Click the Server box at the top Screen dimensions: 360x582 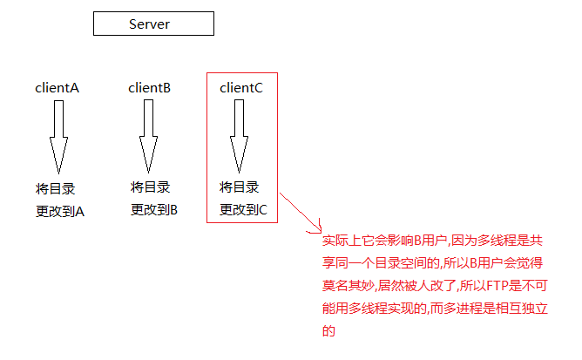click(153, 24)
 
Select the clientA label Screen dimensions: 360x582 click(57, 88)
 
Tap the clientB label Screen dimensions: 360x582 click(149, 88)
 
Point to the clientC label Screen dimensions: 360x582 click(241, 88)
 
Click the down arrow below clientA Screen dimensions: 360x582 click(58, 136)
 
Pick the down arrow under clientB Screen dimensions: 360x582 click(149, 136)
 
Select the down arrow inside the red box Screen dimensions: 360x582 click(238, 136)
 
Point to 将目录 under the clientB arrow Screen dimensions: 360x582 click(150, 187)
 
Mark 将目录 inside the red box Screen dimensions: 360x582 click(239, 187)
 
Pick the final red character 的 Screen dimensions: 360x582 click(328, 331)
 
